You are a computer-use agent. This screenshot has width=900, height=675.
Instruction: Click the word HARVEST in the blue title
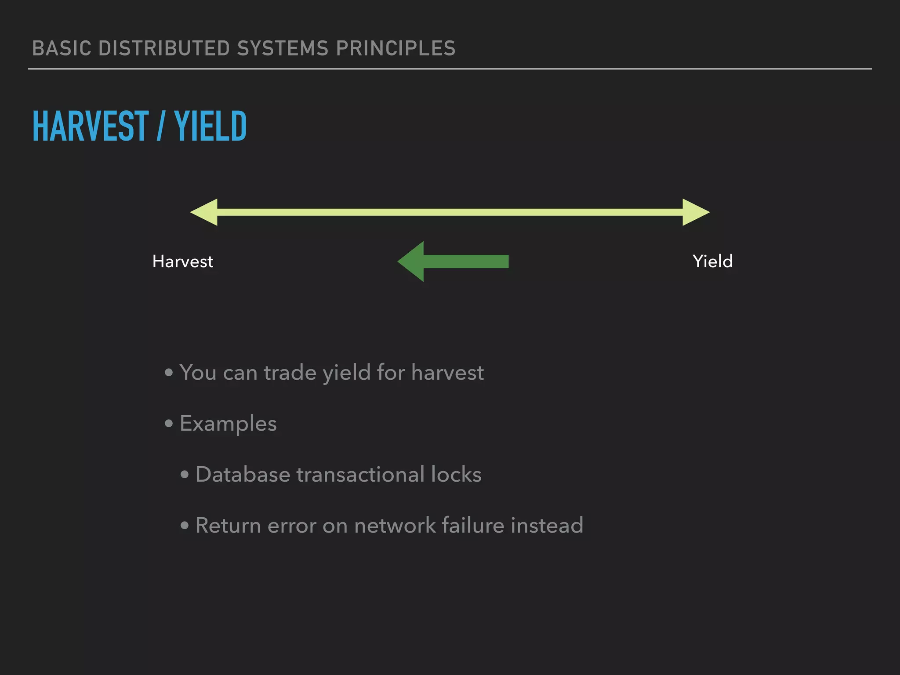[91, 126]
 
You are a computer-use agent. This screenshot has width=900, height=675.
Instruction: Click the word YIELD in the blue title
[210, 126]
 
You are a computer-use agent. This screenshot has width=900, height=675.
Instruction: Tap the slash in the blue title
[160, 126]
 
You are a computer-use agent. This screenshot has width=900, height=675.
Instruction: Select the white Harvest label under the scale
[182, 261]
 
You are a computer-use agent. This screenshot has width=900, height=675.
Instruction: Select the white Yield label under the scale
[712, 261]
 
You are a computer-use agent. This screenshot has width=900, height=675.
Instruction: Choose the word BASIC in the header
[62, 48]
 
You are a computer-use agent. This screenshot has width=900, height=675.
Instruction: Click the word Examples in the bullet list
[228, 424]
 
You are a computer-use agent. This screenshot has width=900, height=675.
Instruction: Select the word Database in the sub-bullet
[243, 475]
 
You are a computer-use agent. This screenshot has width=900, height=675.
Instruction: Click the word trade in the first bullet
[290, 373]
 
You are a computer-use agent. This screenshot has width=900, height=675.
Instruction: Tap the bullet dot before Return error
[185, 526]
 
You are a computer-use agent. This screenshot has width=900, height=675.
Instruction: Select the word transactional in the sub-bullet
[360, 475]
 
